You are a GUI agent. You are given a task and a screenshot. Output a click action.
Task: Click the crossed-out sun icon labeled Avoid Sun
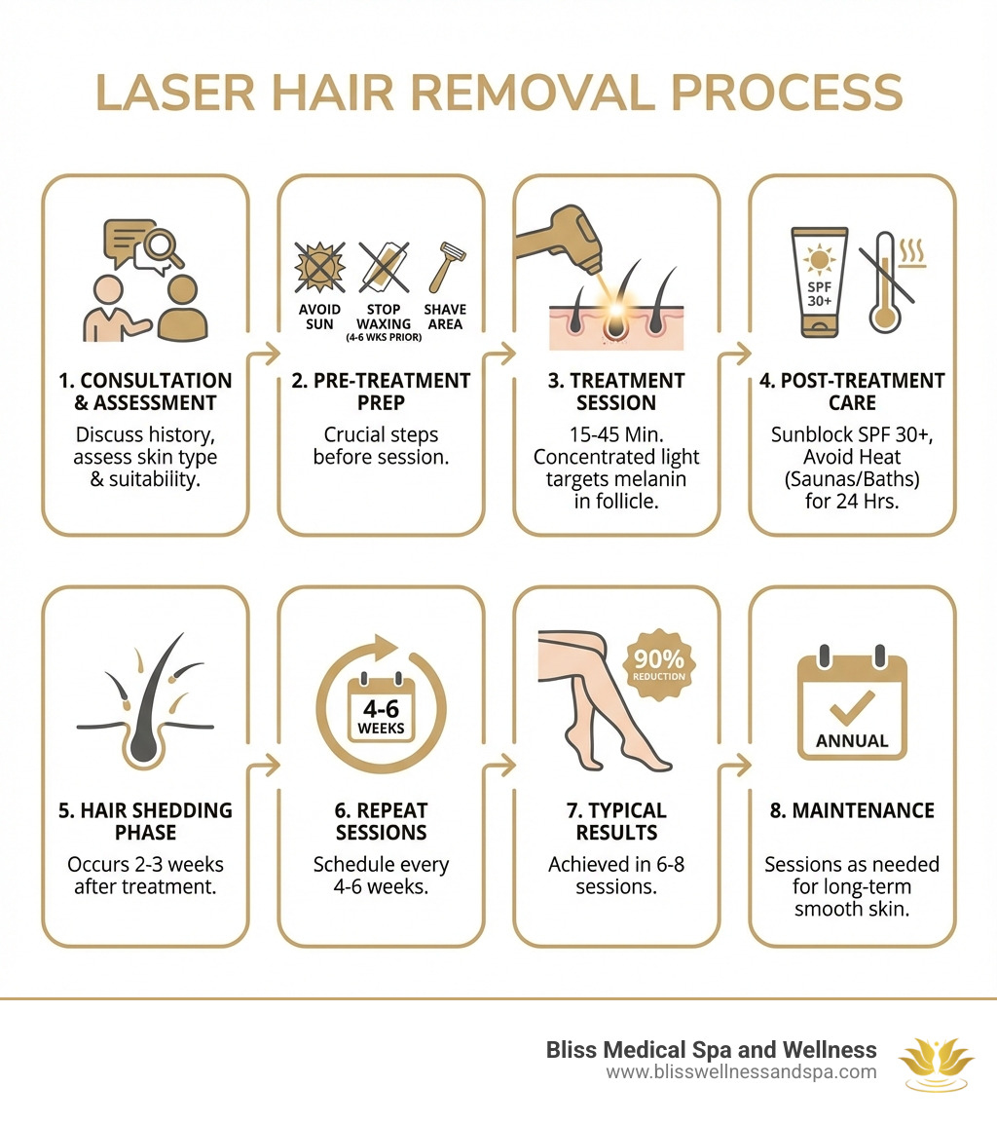318,266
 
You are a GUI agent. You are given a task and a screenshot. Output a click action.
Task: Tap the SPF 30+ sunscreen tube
819,281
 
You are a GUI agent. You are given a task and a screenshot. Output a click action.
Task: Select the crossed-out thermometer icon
884,281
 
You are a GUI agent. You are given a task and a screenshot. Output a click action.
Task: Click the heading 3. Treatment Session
617,392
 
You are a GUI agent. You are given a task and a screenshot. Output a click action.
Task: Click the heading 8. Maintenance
852,810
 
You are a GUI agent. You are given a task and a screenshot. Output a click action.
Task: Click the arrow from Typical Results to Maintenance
734,767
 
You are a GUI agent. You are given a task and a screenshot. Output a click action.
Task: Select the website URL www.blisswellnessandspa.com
741,1072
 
